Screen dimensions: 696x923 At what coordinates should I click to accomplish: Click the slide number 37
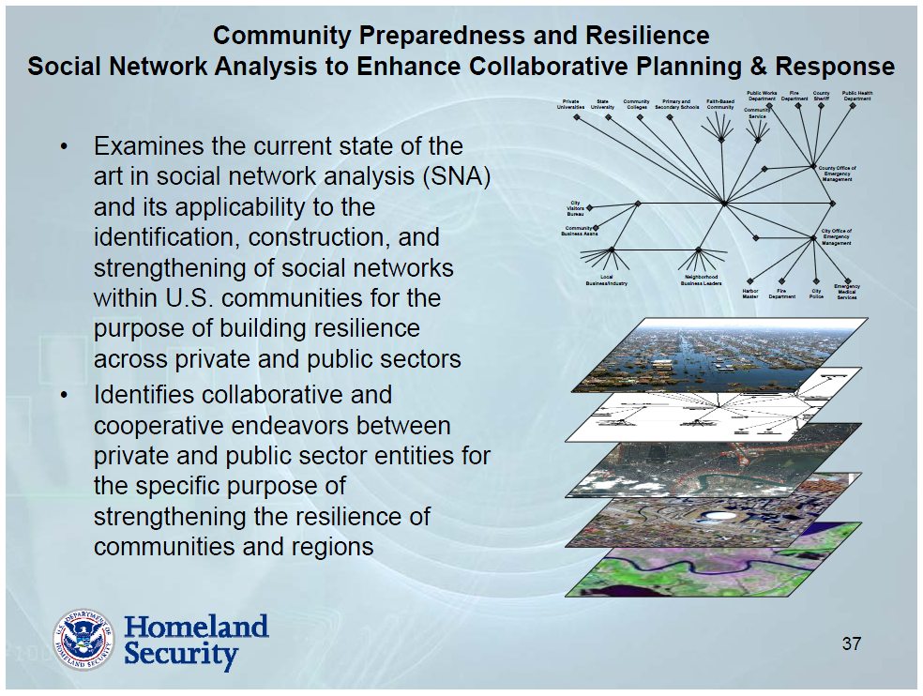(x=851, y=643)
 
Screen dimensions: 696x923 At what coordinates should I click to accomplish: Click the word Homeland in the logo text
(x=196, y=626)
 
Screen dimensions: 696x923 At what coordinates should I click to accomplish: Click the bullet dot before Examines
(x=64, y=147)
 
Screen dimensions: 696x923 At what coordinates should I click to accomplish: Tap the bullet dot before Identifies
(x=64, y=396)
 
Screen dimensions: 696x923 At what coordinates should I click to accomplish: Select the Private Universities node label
(x=570, y=104)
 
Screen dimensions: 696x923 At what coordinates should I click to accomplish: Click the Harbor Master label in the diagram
(x=750, y=294)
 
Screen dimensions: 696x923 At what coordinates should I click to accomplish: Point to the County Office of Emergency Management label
(x=837, y=174)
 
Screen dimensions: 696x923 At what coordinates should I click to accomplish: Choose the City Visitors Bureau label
(x=575, y=208)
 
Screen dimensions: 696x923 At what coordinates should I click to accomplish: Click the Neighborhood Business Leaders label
(x=701, y=280)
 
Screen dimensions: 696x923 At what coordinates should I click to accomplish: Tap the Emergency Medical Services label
(x=847, y=292)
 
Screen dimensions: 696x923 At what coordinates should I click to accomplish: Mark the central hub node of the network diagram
(x=724, y=203)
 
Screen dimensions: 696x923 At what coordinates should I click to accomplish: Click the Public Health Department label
(x=856, y=96)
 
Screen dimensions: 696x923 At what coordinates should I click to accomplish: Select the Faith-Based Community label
(x=720, y=104)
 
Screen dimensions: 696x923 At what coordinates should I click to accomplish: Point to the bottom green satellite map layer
(x=713, y=567)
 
